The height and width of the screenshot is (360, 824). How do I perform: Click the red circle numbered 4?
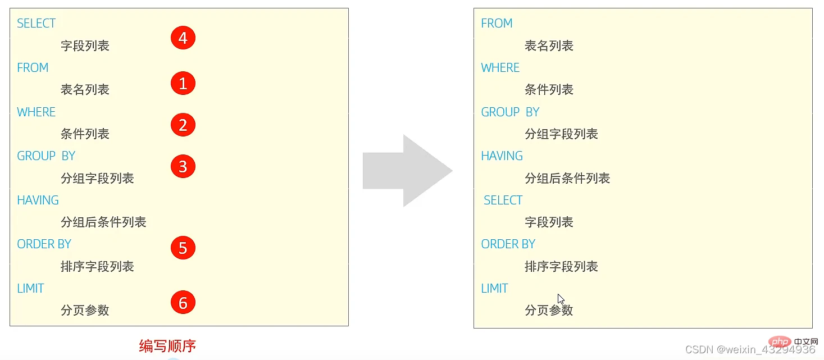tap(183, 38)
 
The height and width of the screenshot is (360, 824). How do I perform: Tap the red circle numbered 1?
tap(183, 83)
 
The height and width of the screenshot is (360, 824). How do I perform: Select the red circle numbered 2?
tap(183, 125)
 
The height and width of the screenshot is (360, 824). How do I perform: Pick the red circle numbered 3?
tap(183, 166)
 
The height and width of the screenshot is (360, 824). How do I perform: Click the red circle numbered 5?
tap(183, 248)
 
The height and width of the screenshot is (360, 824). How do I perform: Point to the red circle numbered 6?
tap(183, 302)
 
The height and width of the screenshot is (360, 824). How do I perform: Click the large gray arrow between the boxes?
tap(408, 171)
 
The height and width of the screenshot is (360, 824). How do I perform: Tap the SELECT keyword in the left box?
tap(36, 24)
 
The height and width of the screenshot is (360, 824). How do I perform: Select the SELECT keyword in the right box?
tap(503, 200)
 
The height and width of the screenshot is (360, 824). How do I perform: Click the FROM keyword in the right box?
tap(497, 24)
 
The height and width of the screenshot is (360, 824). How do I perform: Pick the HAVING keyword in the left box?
tap(38, 200)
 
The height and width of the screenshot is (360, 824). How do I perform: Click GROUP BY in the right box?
tap(510, 112)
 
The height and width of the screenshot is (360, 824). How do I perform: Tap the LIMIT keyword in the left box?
tap(30, 288)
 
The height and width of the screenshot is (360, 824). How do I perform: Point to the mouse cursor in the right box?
tap(561, 299)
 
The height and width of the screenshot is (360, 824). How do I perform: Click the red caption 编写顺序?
tap(167, 346)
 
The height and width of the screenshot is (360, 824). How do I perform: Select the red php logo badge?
tap(780, 341)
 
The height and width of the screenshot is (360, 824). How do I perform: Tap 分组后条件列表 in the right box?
tap(567, 179)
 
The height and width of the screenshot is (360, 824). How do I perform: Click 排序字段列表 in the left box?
tap(97, 267)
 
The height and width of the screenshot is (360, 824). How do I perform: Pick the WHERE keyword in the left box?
tap(36, 112)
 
